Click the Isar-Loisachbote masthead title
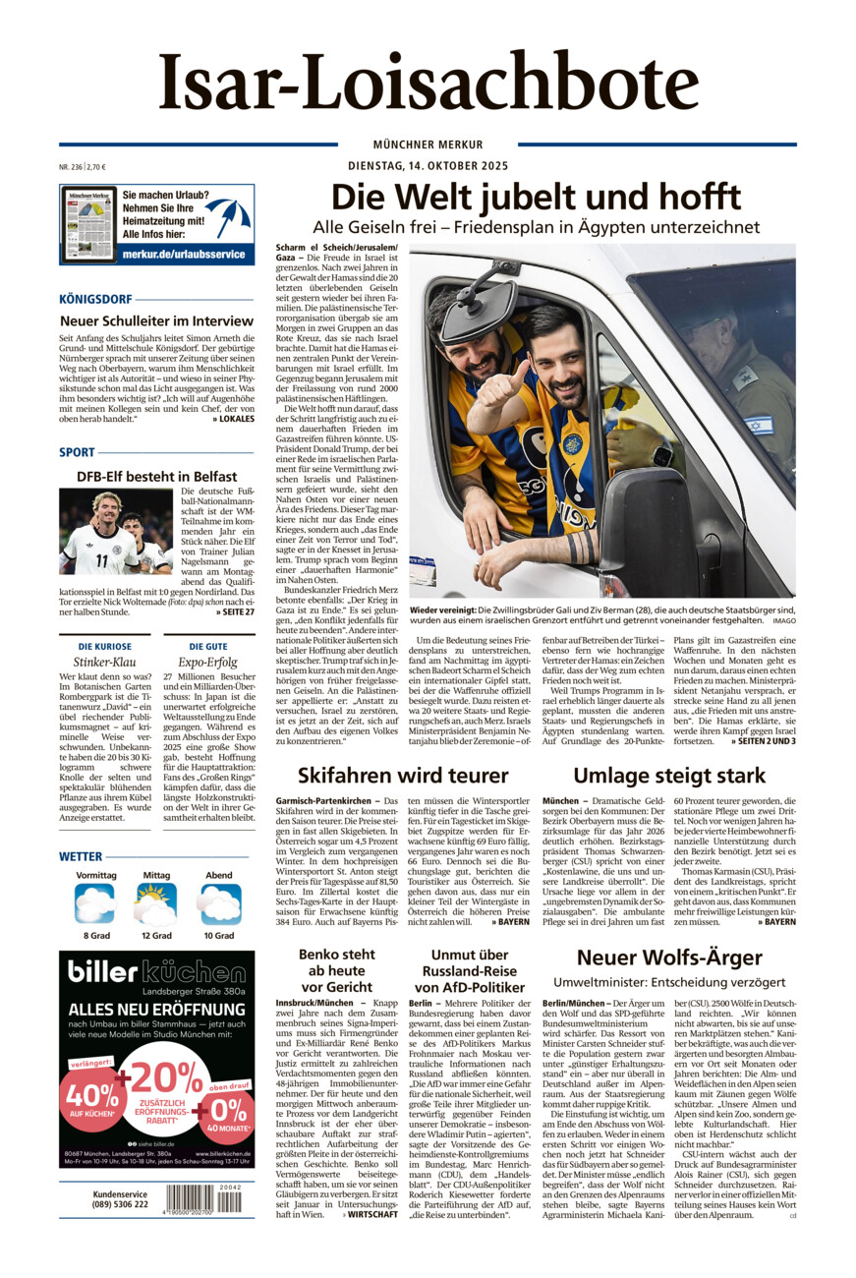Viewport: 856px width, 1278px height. coord(428,85)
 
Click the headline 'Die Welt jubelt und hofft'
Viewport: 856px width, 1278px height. coord(536,197)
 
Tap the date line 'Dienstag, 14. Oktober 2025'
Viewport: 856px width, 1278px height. coord(428,166)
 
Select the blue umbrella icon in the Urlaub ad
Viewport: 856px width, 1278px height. coord(227,216)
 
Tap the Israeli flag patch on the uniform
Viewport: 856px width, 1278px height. coord(758,426)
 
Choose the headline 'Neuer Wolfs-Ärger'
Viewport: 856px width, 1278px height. coord(669,957)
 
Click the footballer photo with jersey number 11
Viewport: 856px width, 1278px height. coord(116,532)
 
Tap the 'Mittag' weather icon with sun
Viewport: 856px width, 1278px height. coord(156,903)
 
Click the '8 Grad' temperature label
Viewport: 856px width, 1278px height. coord(96,935)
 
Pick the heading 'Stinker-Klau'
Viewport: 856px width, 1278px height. coord(96,662)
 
